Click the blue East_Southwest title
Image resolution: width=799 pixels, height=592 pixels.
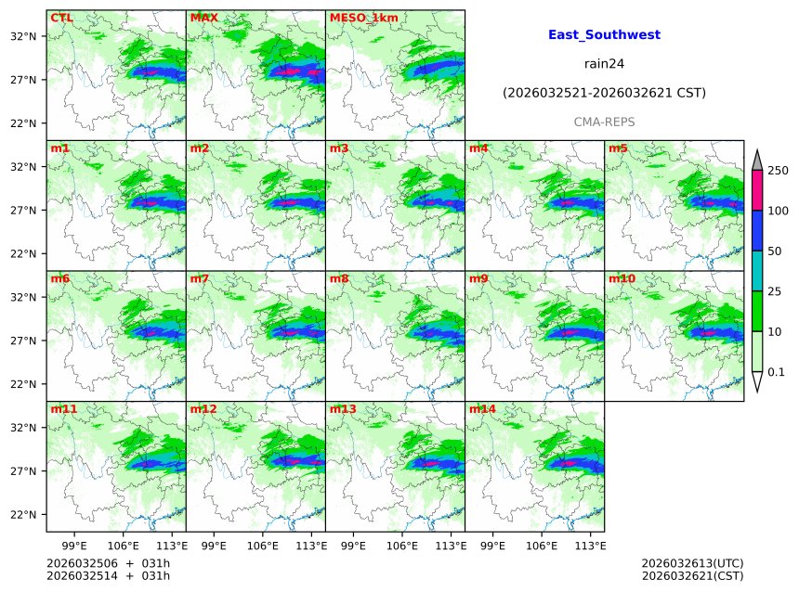604,35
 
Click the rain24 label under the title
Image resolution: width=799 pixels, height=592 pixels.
604,64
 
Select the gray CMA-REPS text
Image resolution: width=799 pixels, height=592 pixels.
604,122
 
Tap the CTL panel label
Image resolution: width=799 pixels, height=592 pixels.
61,18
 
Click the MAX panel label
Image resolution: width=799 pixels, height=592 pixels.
203,18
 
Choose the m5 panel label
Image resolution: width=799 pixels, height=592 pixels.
618,148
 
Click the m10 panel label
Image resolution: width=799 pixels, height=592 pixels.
622,278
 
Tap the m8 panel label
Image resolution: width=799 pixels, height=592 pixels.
339,278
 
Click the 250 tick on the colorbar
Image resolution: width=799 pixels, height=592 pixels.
778,171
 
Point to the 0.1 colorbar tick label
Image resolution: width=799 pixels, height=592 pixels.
777,372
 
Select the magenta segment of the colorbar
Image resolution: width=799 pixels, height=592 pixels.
756,191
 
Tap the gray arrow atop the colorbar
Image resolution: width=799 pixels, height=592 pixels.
756,160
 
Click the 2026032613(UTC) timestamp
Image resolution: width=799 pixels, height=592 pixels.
692,563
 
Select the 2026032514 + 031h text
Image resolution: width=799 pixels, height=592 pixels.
108,577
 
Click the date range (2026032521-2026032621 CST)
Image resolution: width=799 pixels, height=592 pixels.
604,94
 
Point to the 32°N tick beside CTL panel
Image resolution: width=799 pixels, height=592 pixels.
23,36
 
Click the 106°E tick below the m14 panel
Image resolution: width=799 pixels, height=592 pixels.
542,545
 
